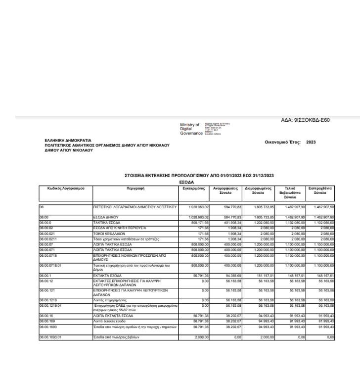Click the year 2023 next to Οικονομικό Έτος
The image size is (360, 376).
324,141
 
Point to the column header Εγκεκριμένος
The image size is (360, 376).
193,188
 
